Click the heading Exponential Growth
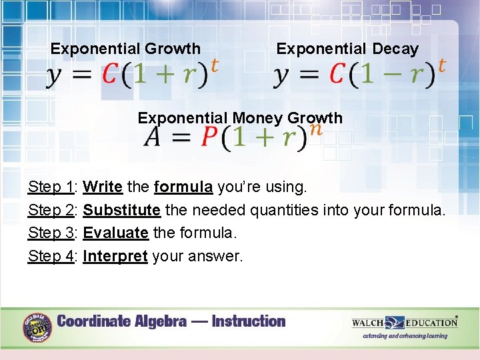(125, 49)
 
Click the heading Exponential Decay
(347, 49)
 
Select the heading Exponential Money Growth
(240, 118)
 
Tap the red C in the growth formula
(111, 75)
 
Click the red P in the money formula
(209, 138)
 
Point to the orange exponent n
(315, 128)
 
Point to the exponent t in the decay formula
(441, 65)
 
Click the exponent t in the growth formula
(214, 65)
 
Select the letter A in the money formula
(152, 138)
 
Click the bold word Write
(103, 187)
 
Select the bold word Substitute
(121, 210)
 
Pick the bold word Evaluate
(115, 233)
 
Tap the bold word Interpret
(115, 255)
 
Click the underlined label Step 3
(51, 233)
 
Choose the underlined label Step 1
(51, 187)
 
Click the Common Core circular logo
(37, 327)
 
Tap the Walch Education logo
(405, 323)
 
